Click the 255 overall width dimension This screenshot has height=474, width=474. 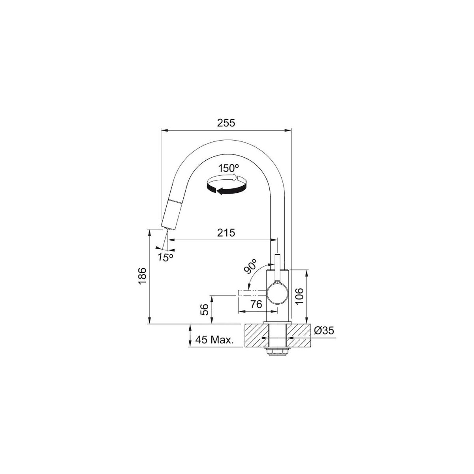coord(226,123)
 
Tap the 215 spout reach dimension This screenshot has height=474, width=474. coord(226,232)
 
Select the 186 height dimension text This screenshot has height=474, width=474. coord(143,276)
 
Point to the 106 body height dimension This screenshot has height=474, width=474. coord(299,296)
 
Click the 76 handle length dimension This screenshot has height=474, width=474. coord(256,304)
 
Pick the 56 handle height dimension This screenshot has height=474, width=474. coord(204,309)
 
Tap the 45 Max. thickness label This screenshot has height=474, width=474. coord(214,340)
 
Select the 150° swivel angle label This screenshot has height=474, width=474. coord(229,168)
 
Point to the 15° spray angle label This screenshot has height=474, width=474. coord(166,258)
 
